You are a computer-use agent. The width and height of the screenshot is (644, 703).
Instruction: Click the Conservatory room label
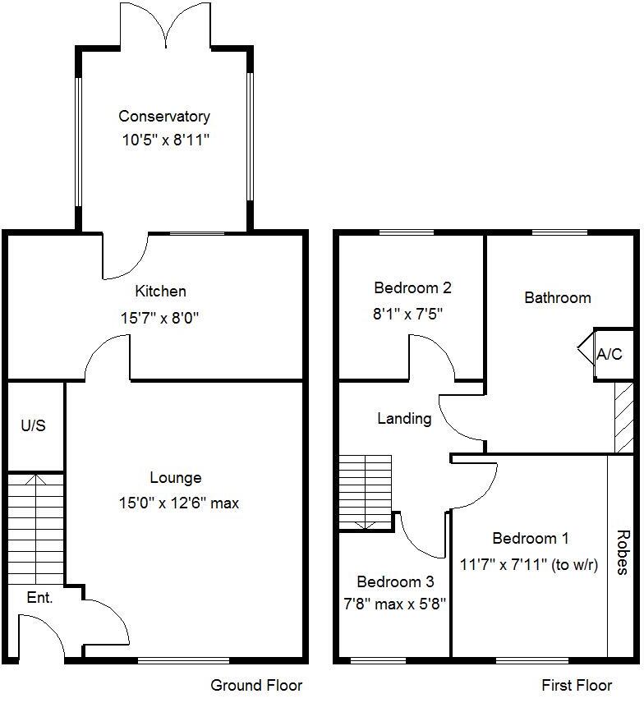(163, 117)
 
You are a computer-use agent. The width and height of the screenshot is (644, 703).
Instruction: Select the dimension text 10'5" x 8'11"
(163, 140)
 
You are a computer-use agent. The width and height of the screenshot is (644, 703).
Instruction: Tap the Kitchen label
(160, 291)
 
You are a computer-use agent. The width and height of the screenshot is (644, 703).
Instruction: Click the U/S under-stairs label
(33, 426)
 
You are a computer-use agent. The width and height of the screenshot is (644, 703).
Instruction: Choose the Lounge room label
(175, 477)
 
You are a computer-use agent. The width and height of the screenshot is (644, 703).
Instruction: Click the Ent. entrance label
(39, 598)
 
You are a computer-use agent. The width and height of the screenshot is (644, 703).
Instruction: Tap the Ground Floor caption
(256, 685)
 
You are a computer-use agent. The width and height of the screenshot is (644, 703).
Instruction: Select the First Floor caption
(577, 685)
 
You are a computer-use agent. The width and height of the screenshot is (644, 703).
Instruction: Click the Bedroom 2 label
(412, 288)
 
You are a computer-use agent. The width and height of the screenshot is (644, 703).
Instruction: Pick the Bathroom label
(558, 297)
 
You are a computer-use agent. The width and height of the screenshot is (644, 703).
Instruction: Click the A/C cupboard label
(609, 355)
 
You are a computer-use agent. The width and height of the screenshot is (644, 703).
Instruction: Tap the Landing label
(404, 419)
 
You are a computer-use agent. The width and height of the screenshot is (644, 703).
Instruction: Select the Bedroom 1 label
(530, 539)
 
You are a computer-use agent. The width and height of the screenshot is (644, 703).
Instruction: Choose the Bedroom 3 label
(395, 582)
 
